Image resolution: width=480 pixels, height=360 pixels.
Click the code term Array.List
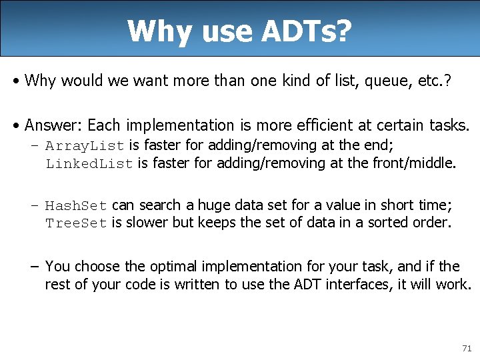85,145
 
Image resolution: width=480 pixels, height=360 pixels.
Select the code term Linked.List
89,164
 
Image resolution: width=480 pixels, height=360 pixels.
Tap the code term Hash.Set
76,205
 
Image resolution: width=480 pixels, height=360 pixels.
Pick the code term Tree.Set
76,223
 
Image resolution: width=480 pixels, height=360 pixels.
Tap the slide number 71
465,349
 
